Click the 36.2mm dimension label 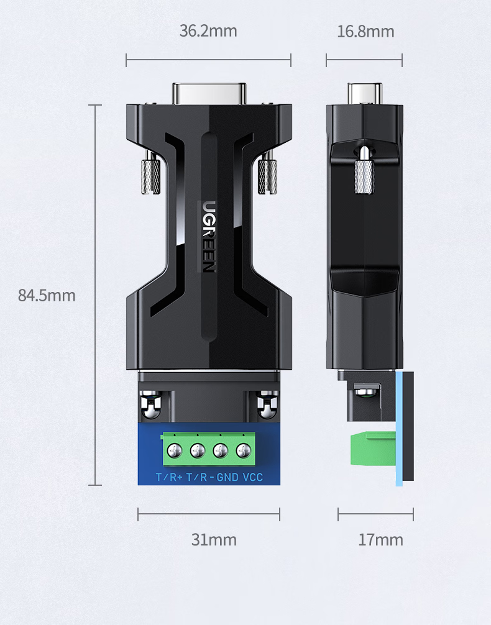click(208, 31)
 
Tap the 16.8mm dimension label click(365, 32)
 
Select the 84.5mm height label click(47, 295)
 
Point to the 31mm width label click(214, 540)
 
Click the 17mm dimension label click(380, 540)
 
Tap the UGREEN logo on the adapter click(208, 236)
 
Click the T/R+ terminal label click(169, 477)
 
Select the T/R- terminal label click(201, 477)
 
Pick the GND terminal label click(227, 477)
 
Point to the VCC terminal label click(253, 477)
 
